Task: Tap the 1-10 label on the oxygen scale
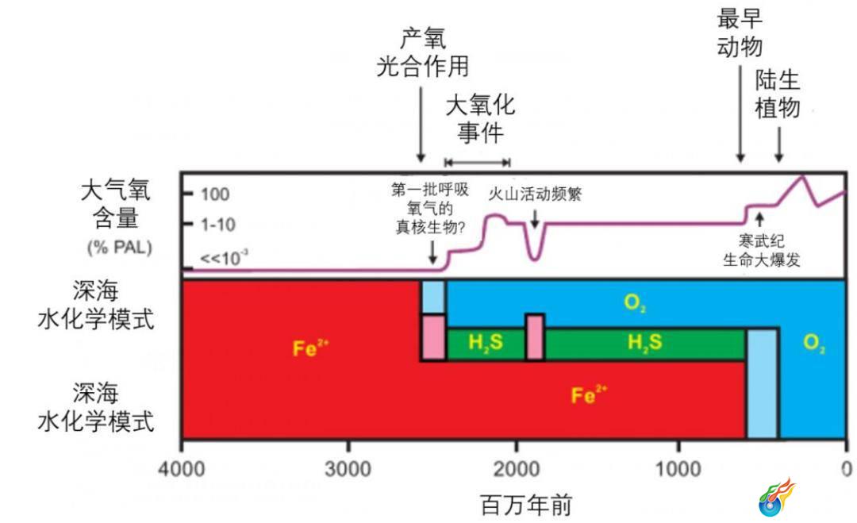click(217, 225)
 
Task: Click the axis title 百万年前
click(525, 504)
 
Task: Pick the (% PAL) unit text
click(119, 247)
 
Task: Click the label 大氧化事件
click(480, 119)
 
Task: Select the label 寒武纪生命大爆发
click(760, 249)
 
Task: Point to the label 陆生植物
click(778, 94)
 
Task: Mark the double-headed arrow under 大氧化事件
click(477, 163)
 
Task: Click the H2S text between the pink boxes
click(485, 344)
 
